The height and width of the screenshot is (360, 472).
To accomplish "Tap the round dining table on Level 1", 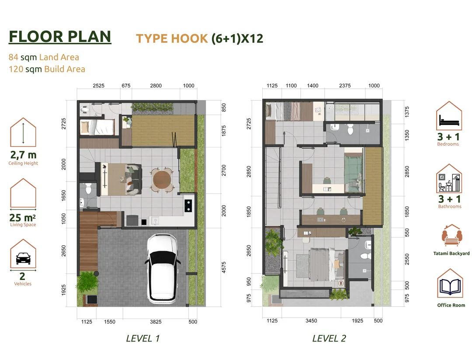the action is tap(162, 180).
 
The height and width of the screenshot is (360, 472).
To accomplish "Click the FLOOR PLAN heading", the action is tap(60, 36).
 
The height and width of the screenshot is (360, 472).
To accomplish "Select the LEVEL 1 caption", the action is tap(143, 338).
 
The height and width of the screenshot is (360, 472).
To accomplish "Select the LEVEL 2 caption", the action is tap(330, 338).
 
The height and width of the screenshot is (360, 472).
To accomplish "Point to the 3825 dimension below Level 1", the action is tap(156, 322).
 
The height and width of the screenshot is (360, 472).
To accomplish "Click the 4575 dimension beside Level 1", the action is tap(224, 267).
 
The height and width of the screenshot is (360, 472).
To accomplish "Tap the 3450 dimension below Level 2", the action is tap(311, 321).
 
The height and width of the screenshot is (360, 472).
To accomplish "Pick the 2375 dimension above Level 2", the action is tap(345, 86).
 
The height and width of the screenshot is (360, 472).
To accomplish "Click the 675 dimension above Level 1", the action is tap(126, 86).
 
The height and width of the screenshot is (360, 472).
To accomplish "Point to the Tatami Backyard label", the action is tap(451, 253).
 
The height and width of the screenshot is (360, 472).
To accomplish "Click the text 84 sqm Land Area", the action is tap(44, 57).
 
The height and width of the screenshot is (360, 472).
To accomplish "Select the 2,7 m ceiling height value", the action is tap(23, 155).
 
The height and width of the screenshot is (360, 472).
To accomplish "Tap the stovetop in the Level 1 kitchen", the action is tap(188, 206).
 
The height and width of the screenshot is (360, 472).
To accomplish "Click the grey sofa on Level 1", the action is tap(134, 179).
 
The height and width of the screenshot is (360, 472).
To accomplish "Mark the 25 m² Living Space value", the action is tap(23, 217).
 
